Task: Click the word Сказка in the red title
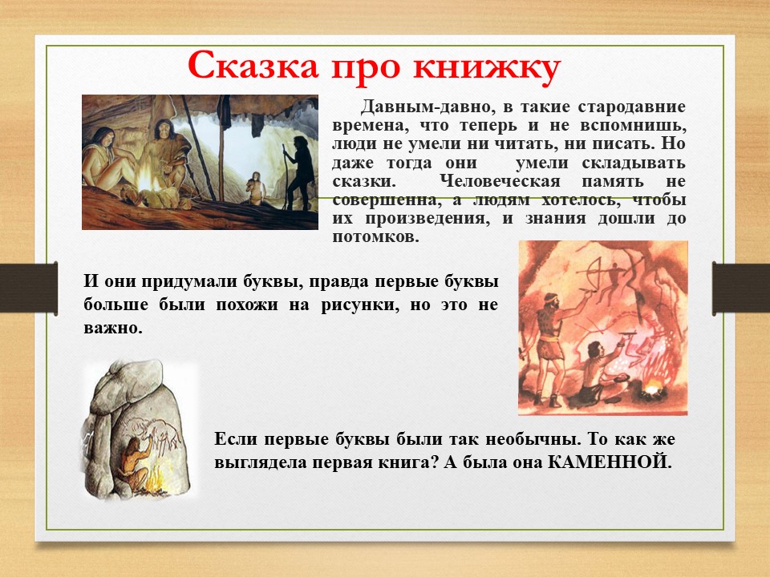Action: coord(253,65)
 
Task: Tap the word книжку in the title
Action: coord(486,66)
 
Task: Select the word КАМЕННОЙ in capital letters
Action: coord(610,462)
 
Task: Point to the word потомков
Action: coord(375,237)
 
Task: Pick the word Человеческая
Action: coord(500,181)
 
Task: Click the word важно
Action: coord(113,327)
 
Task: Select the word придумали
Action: coord(191,282)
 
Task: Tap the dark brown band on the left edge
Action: coord(29,288)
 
